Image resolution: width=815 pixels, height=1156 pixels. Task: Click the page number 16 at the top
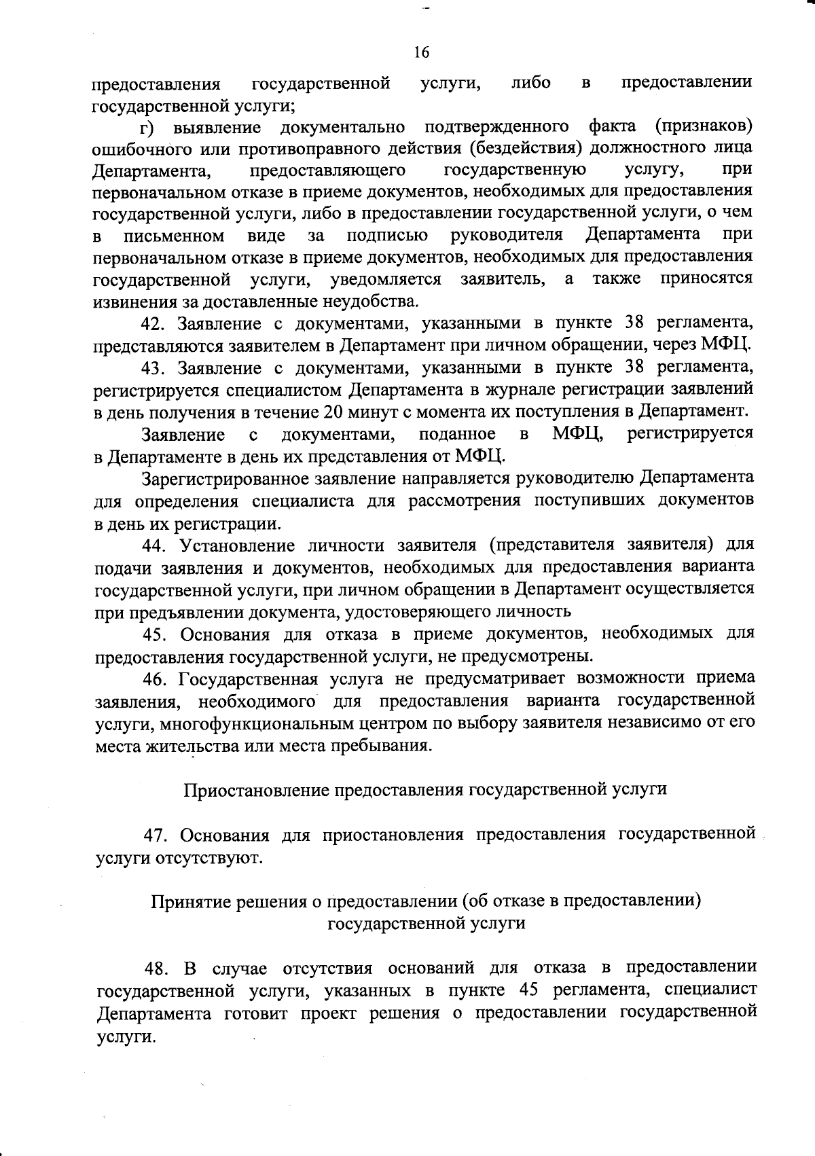coord(421,53)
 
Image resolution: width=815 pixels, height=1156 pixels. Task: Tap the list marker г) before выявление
coord(147,127)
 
